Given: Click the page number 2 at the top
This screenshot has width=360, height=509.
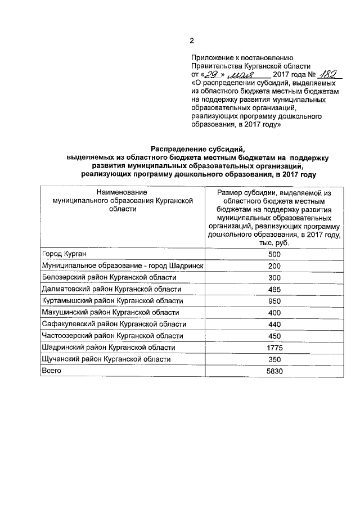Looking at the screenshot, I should pyautogui.click(x=191, y=40).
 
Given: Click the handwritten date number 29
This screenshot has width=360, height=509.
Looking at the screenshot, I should pyautogui.click(x=211, y=75).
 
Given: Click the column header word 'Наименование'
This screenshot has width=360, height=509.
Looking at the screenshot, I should pyautogui.click(x=123, y=192).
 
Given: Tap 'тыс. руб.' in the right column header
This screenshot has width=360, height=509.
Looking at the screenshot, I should pyautogui.click(x=274, y=242).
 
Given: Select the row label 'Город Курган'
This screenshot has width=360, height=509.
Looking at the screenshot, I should pyautogui.click(x=65, y=254).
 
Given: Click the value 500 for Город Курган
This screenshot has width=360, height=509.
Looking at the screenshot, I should pyautogui.click(x=274, y=254).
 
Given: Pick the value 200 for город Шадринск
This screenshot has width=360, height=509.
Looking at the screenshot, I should pyautogui.click(x=274, y=266).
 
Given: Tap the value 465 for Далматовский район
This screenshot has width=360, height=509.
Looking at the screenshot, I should pyautogui.click(x=274, y=289).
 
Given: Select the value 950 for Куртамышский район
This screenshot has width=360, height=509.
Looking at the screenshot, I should pyautogui.click(x=274, y=301).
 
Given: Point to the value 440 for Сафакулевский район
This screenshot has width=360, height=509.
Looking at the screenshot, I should pyautogui.click(x=274, y=324).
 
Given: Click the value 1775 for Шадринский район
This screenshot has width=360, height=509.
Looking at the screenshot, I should pyautogui.click(x=274, y=348).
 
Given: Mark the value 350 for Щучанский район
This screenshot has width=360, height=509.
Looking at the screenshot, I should pyautogui.click(x=274, y=359).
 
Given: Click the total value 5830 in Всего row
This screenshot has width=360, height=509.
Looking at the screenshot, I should pyautogui.click(x=274, y=371).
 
